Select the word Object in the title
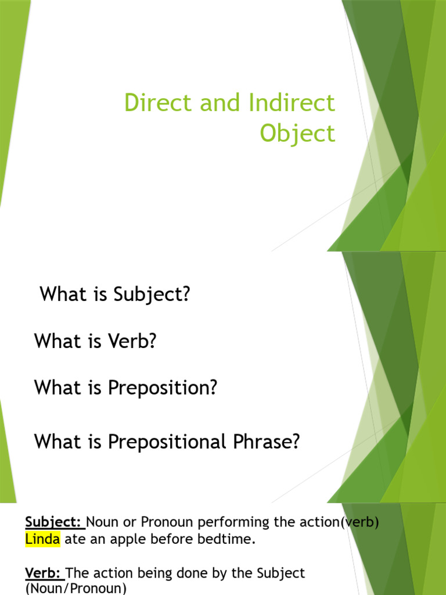[297, 134]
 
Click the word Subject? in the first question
[152, 295]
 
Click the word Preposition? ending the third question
[162, 388]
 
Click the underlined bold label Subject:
[55, 522]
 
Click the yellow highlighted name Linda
[42, 540]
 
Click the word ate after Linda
[73, 540]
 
